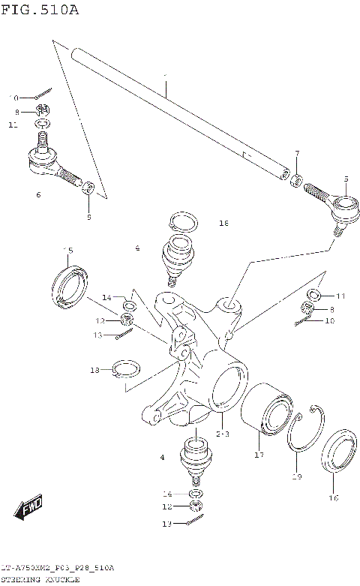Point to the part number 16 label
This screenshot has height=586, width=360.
334,497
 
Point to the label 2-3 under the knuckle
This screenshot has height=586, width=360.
223,434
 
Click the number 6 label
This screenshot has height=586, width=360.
37,195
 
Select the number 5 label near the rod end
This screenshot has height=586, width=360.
346,179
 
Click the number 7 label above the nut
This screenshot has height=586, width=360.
297,154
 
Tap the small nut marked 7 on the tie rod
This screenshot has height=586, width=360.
296,180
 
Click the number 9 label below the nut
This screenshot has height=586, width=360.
88,217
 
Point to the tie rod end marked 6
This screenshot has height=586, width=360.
52,164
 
